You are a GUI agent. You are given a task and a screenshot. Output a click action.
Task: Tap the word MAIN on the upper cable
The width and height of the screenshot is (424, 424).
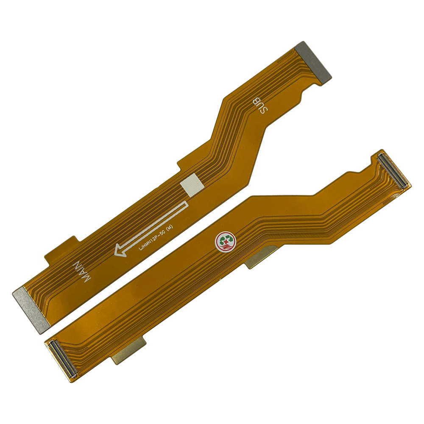pos(82,271)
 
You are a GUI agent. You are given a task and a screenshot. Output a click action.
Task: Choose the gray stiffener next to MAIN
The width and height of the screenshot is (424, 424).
pos(30,309)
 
